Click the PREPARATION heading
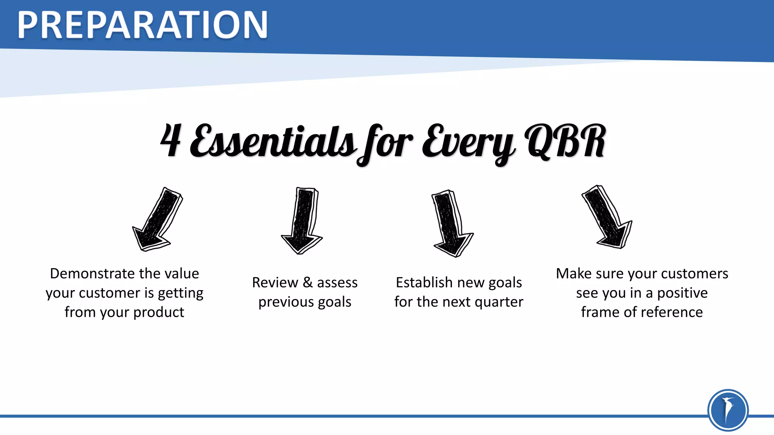click(142, 25)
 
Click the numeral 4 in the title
click(171, 140)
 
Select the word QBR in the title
click(566, 141)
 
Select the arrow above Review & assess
click(303, 221)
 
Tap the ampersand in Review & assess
click(308, 282)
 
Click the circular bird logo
click(728, 410)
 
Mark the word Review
click(275, 282)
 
